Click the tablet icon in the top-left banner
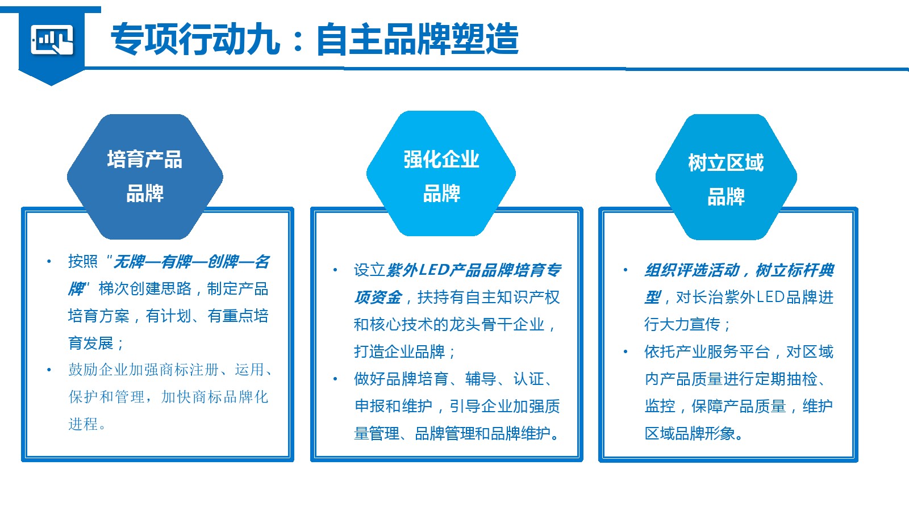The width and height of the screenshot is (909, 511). (52, 39)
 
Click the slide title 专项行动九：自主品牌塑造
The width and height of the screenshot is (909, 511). (315, 39)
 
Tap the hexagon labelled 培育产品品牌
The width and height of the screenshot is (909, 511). (145, 177)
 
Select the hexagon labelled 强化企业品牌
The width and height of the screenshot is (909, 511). (441, 173)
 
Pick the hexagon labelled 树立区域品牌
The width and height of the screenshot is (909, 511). (726, 177)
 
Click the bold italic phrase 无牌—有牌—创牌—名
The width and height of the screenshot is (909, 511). (191, 262)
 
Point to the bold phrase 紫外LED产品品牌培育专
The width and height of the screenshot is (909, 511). (474, 270)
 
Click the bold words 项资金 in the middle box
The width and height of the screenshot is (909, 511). (378, 298)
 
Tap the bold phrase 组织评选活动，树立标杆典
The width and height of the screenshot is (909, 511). (739, 270)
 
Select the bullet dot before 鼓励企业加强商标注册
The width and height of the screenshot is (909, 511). (49, 370)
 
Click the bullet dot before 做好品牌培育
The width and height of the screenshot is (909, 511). (335, 379)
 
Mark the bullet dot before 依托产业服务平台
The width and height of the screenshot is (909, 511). (626, 351)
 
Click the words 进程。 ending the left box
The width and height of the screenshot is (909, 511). (87, 424)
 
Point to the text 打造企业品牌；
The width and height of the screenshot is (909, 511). (405, 351)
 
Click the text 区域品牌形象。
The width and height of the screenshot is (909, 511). (694, 434)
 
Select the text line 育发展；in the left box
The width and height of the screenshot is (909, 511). (96, 343)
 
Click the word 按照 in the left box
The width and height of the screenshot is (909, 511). (83, 262)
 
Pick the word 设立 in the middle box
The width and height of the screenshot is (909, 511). (369, 270)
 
